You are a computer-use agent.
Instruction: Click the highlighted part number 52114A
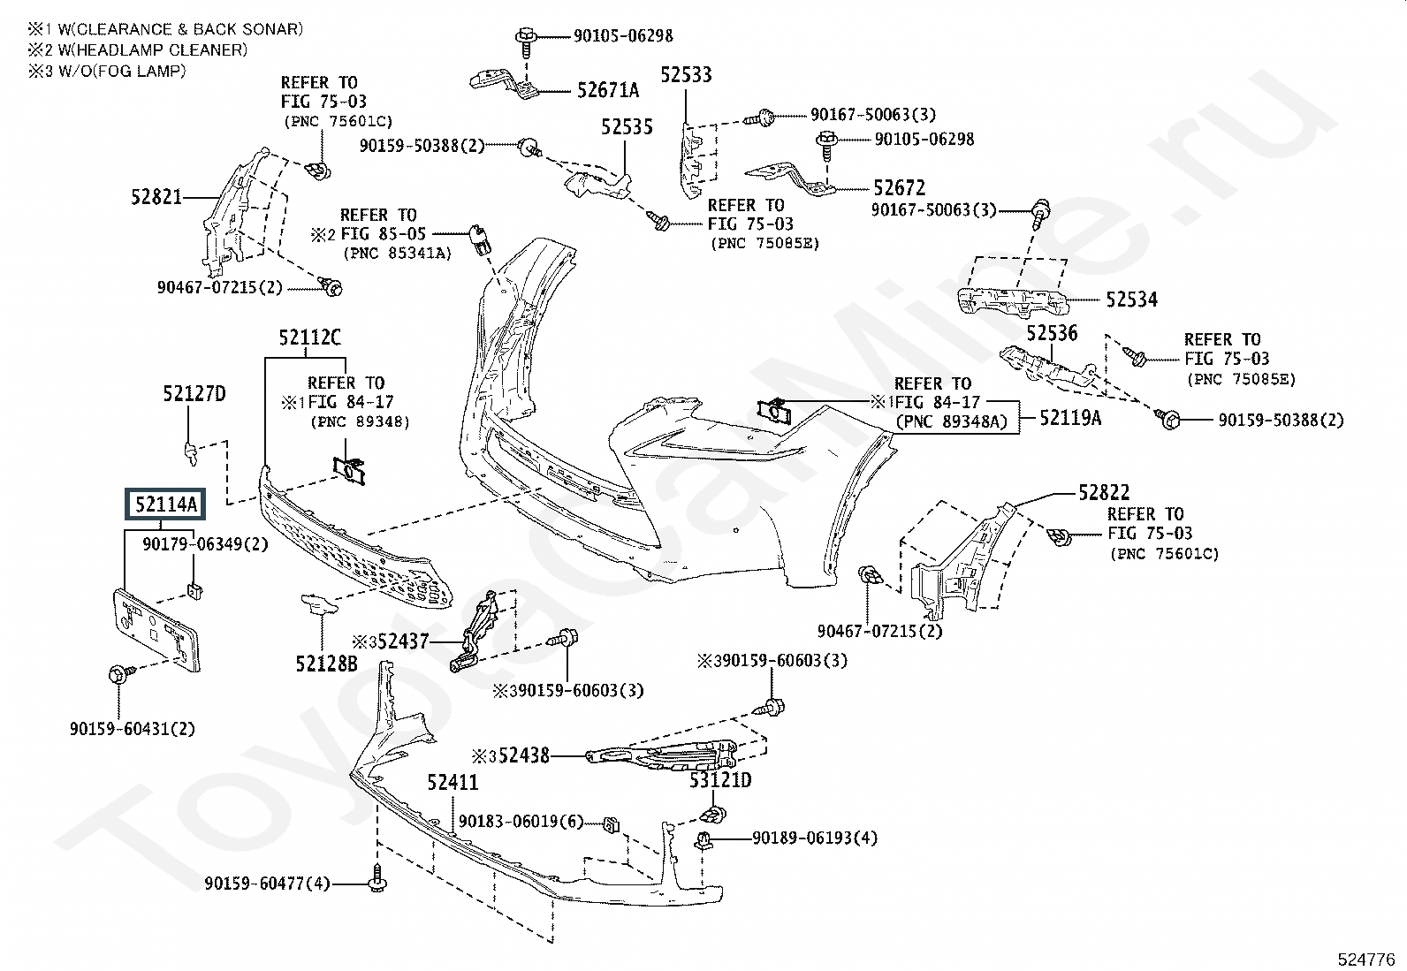click(x=166, y=505)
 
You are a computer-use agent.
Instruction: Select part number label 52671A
click(x=607, y=90)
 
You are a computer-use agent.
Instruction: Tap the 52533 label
click(x=686, y=75)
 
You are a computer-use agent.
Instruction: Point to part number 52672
click(x=899, y=188)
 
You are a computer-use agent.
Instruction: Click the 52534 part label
click(x=1131, y=300)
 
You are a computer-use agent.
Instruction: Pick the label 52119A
click(x=1070, y=418)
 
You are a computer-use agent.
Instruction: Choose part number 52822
click(x=1104, y=493)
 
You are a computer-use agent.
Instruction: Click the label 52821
click(x=156, y=197)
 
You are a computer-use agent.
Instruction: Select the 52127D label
click(x=194, y=394)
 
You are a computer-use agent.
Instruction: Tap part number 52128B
click(x=327, y=662)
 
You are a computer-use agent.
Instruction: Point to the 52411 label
click(x=453, y=783)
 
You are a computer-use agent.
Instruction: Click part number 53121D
click(x=720, y=780)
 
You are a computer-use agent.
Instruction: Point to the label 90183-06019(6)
click(x=521, y=822)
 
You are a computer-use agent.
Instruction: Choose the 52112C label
click(x=309, y=338)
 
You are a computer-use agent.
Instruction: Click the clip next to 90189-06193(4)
click(x=704, y=840)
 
